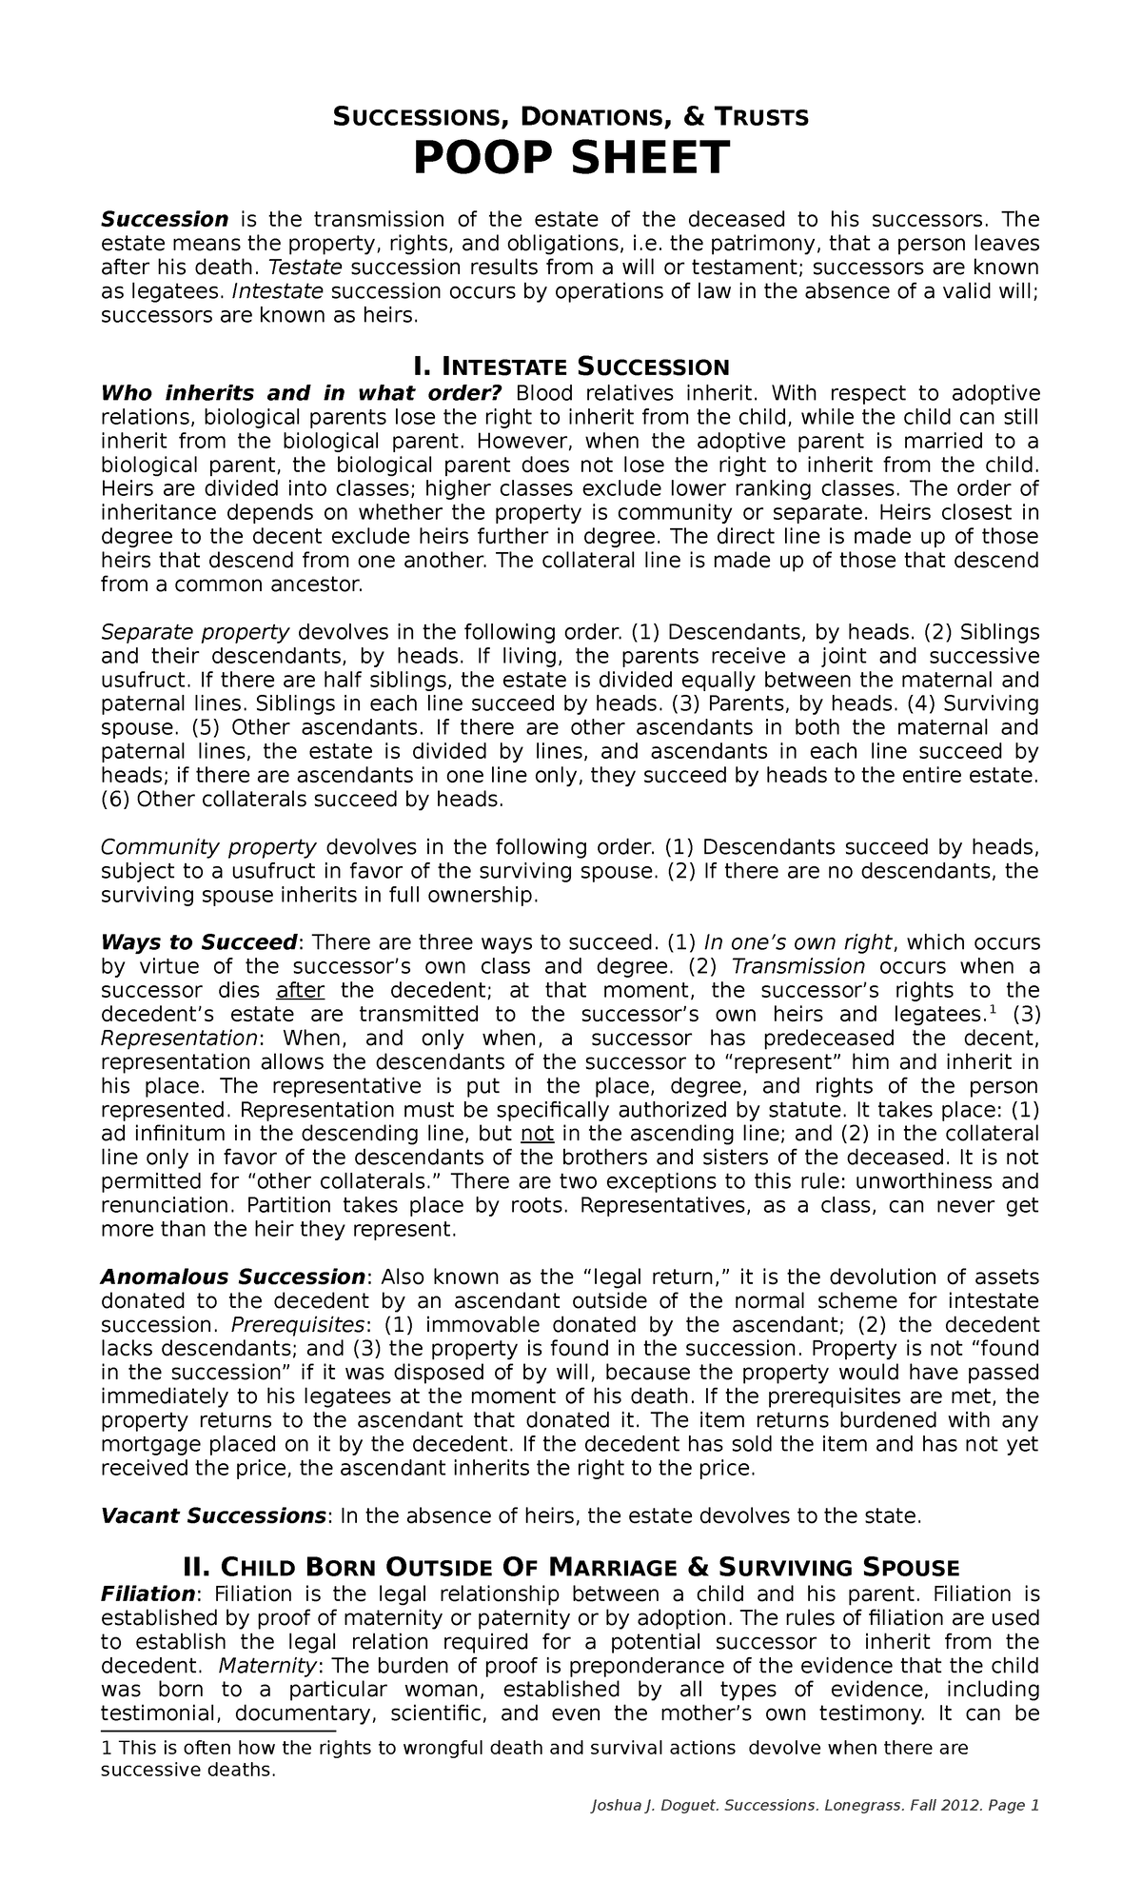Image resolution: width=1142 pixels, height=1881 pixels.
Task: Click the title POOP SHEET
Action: tap(570, 158)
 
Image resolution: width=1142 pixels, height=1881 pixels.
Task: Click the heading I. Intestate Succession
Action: tap(570, 367)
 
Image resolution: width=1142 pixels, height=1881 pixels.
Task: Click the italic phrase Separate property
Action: tap(195, 632)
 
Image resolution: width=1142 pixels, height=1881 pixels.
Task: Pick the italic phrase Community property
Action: tap(208, 847)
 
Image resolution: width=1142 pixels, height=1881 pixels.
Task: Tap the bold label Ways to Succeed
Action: tap(200, 942)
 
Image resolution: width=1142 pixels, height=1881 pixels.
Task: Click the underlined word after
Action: tap(301, 990)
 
